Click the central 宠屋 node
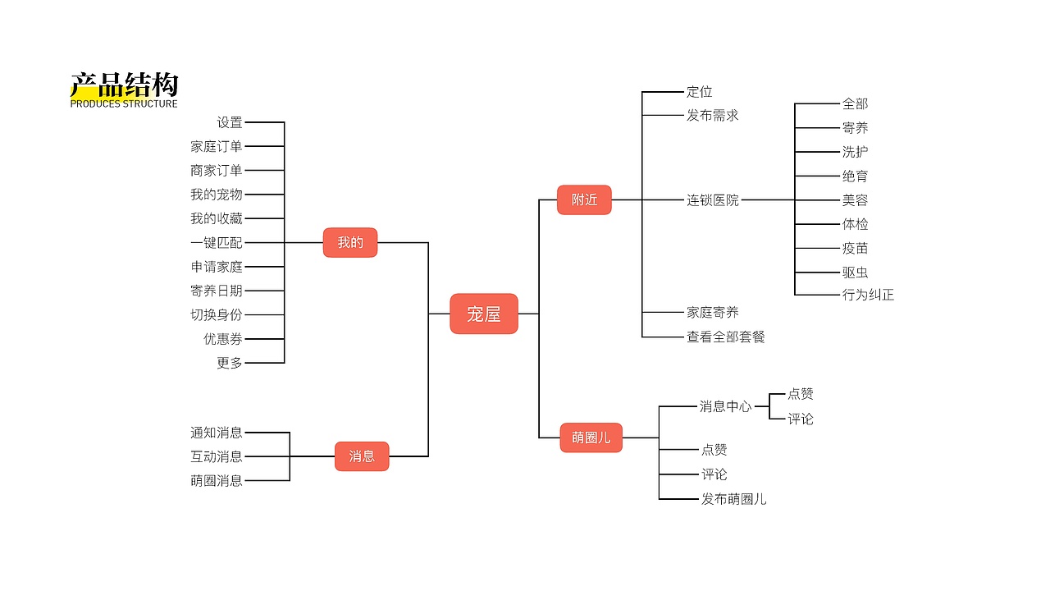click(x=484, y=314)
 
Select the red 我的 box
click(x=350, y=242)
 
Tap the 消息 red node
click(x=362, y=456)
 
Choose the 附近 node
click(x=584, y=199)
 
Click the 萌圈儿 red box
click(x=591, y=438)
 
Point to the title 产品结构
click(x=124, y=85)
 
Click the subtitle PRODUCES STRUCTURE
click(x=124, y=104)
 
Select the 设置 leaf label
click(x=230, y=122)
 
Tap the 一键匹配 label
click(x=217, y=243)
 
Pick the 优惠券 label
click(x=223, y=339)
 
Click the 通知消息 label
click(x=217, y=433)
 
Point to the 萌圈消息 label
click(x=217, y=481)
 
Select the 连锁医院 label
click(x=713, y=199)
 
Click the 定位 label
click(x=699, y=92)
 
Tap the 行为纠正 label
click(x=868, y=295)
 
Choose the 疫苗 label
click(x=855, y=248)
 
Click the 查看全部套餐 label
click(x=726, y=337)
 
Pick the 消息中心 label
click(x=725, y=406)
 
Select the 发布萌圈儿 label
click(x=734, y=498)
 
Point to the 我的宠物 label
click(x=217, y=195)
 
